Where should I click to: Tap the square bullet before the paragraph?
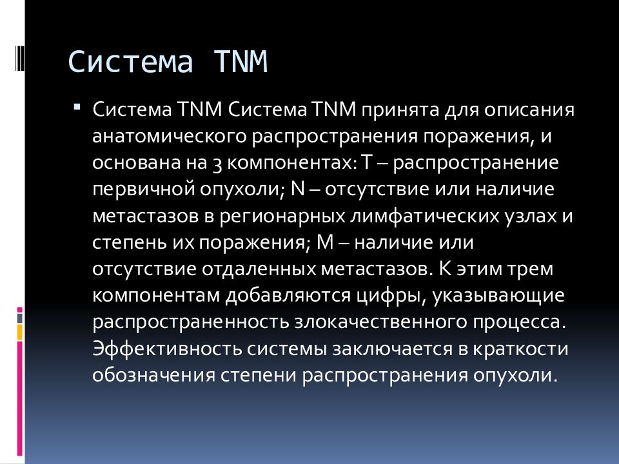(x=78, y=106)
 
